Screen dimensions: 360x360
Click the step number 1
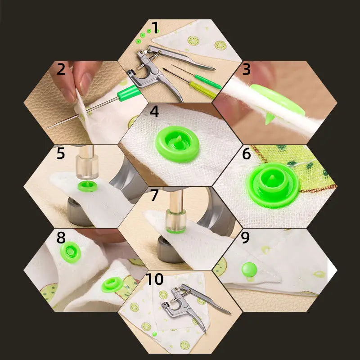(x=155, y=29)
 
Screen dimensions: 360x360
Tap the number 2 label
(x=62, y=70)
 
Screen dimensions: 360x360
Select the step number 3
(x=246, y=70)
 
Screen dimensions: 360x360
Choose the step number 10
(x=155, y=279)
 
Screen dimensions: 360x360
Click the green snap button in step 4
(x=177, y=144)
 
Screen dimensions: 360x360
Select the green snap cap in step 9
(x=249, y=270)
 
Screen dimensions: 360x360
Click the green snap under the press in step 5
(x=87, y=186)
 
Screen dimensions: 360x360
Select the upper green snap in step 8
(x=71, y=252)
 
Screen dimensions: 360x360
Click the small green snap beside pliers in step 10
(x=154, y=334)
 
